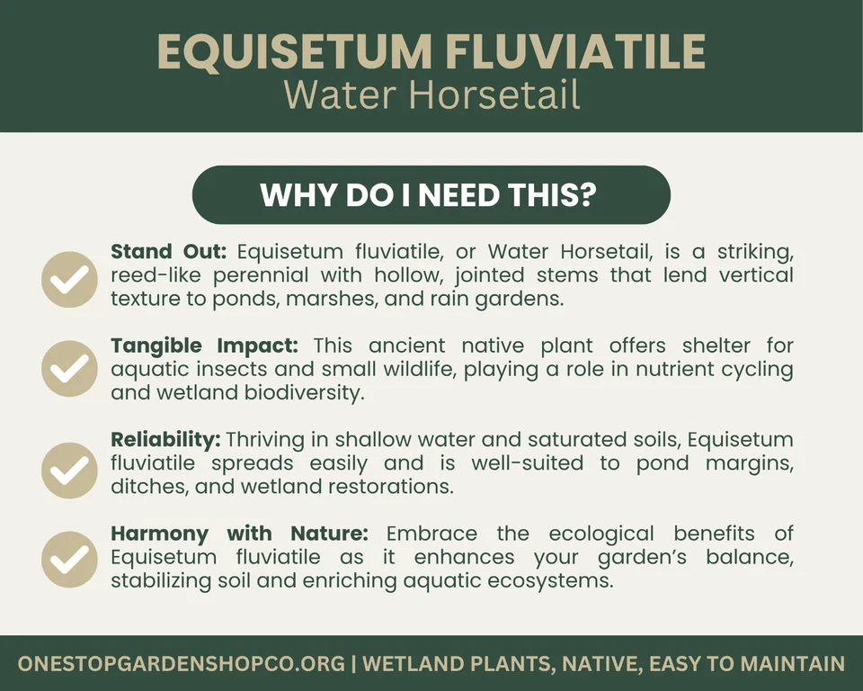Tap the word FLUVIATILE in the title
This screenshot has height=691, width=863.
(575, 51)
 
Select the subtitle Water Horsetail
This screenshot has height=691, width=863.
(432, 94)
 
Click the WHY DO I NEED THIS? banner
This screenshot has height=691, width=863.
(431, 194)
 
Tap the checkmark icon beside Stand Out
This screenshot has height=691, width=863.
(69, 280)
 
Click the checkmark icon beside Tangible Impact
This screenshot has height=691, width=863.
(69, 369)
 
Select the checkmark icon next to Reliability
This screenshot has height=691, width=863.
(69, 471)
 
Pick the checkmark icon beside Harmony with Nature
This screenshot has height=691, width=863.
(69, 560)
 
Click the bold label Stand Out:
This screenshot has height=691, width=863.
(169, 251)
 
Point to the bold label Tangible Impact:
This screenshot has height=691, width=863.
(205, 346)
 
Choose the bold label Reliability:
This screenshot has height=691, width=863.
(165, 440)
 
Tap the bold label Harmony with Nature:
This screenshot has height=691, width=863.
(239, 534)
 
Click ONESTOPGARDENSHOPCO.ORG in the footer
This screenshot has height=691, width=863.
(182, 663)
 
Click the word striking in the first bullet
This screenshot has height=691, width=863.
(755, 252)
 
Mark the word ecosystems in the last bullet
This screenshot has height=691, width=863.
(550, 581)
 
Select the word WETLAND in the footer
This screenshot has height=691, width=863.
(409, 663)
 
